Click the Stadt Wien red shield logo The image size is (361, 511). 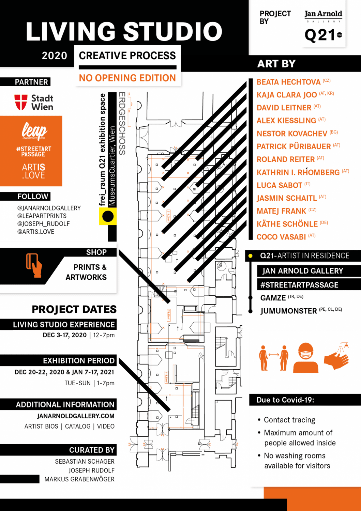coord(21,102)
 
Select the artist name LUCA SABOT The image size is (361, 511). coord(279,185)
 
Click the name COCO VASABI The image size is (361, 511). coord(281,237)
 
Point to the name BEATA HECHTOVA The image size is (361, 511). coord(288,82)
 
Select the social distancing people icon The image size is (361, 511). coord(273,358)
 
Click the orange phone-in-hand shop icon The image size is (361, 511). coord(33,265)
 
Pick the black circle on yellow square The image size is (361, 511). coord(108,216)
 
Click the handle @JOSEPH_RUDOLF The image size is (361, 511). coord(43,224)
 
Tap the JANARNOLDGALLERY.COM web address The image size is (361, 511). coord(76,416)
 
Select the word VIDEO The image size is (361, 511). coord(106,426)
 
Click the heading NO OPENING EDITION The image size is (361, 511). coord(127,78)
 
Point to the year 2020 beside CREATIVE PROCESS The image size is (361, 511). coord(55,56)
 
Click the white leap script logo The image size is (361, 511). coord(34,130)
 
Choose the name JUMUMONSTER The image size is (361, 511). coord(288,311)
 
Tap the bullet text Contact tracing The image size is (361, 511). coord(289,420)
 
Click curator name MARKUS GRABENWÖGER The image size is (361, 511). coord(79,479)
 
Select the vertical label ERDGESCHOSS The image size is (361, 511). coord(122,123)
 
